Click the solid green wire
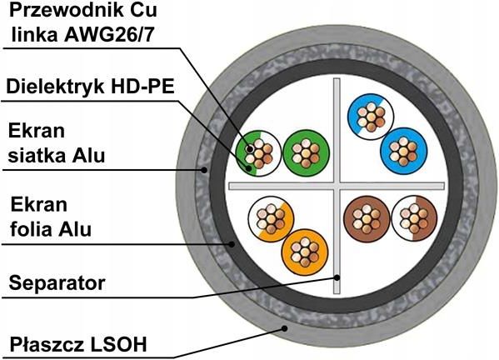click(x=306, y=153)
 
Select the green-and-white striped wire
click(x=258, y=153)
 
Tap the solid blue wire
click(x=403, y=151)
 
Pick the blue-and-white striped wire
click(x=371, y=117)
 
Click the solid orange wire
click(x=305, y=252)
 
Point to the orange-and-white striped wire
click(x=271, y=218)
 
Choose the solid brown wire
click(x=367, y=218)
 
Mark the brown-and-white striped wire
click(x=414, y=218)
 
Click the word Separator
click(x=57, y=282)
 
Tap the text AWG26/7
click(x=109, y=34)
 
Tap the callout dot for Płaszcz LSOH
click(x=285, y=328)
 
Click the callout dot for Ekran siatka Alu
click(x=204, y=170)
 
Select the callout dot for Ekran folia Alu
click(x=232, y=244)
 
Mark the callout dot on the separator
click(x=337, y=277)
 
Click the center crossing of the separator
click(x=337, y=186)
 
